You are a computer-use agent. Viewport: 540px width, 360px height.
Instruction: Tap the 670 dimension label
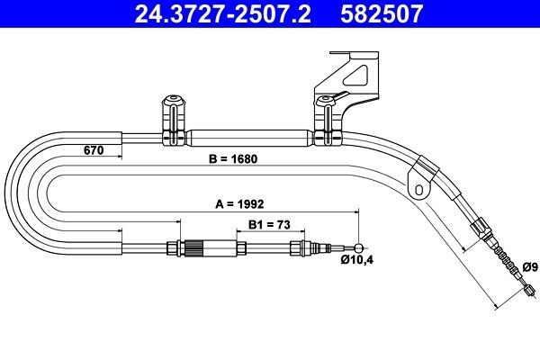(93, 149)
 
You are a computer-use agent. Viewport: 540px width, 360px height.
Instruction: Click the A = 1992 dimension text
(239, 204)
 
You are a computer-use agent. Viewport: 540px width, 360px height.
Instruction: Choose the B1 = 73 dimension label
(268, 226)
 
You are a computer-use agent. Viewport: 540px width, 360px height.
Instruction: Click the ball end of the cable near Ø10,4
(360, 249)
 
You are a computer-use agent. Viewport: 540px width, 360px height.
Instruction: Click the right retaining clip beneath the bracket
(323, 121)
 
